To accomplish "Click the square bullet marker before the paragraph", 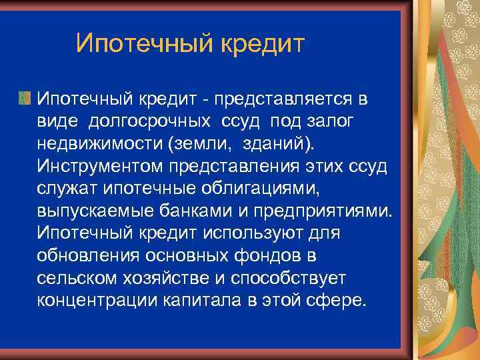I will [25, 99].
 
